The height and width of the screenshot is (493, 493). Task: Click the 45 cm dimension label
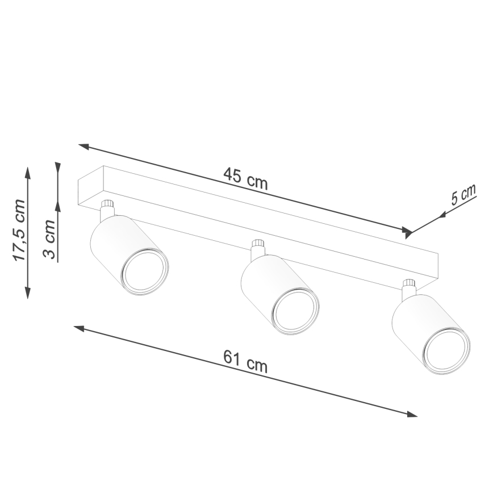[x=245, y=178]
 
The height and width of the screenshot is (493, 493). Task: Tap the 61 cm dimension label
[x=245, y=361]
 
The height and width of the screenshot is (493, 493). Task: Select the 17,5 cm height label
[x=20, y=230]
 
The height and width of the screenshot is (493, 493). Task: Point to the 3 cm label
[x=50, y=239]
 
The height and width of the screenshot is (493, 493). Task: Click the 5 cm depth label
[x=463, y=195]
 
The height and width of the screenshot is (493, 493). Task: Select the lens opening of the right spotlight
[x=448, y=350]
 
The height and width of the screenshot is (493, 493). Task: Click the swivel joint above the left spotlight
[x=107, y=209]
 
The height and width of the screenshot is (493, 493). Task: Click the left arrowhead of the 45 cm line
[x=83, y=146]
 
